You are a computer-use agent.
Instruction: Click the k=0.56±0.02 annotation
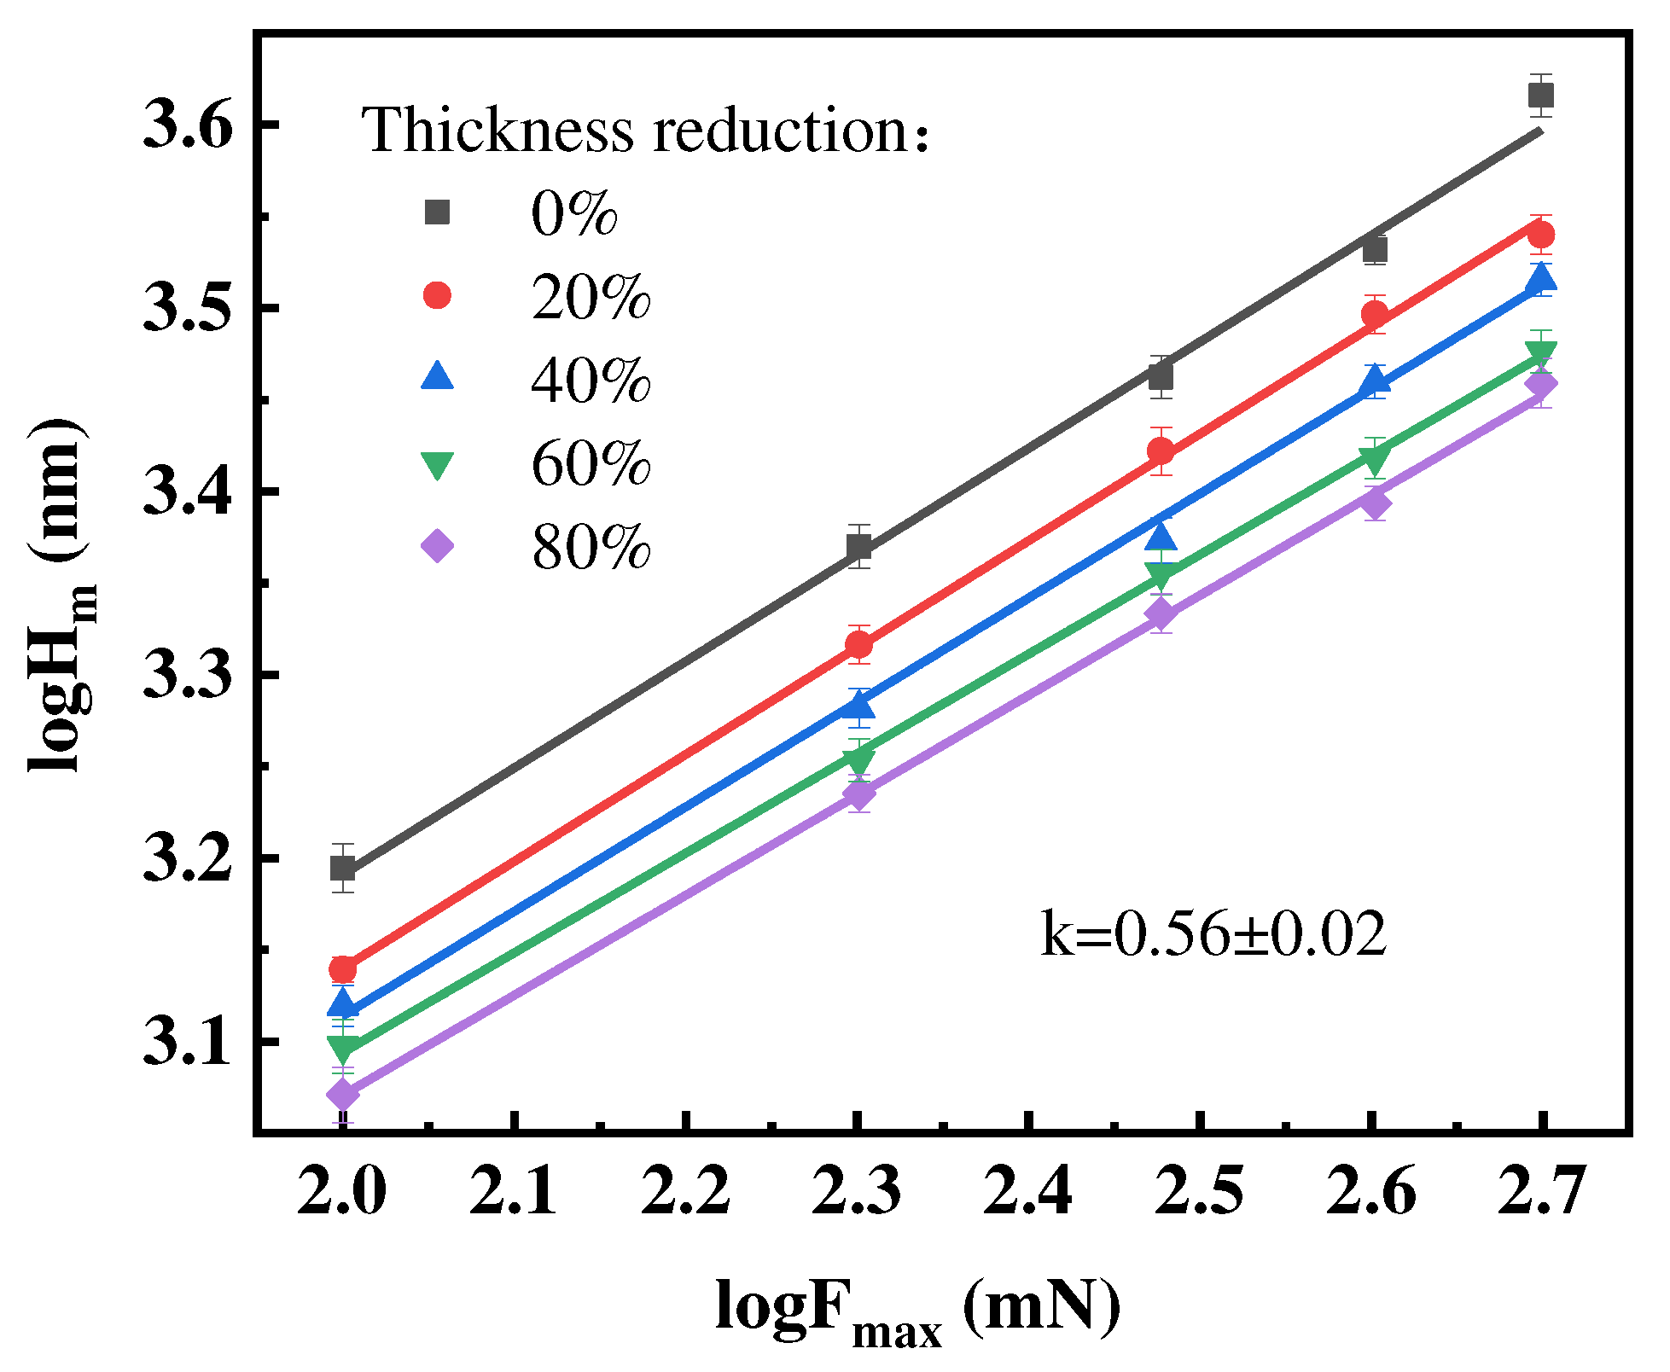pos(1213,934)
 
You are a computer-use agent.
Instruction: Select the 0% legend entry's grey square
pos(438,212)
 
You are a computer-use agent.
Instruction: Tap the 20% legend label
pos(591,298)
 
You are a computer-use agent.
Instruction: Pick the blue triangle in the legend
pos(438,376)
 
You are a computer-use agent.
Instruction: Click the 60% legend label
pos(591,465)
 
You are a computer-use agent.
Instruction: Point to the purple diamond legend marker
pos(438,546)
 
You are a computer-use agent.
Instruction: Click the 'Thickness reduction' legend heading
pos(645,131)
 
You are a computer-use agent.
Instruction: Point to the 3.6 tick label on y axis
pos(187,125)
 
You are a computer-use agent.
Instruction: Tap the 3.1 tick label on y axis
pos(187,1043)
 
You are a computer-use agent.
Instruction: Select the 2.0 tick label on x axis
pos(342,1192)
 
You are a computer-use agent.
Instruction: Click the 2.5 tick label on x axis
pos(1200,1192)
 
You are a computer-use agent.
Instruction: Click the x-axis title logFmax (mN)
pos(917,1311)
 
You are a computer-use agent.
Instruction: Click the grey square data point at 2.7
pos(1541,95)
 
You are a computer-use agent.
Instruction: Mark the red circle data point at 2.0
pos(343,969)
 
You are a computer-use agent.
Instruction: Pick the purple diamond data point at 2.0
pos(343,1094)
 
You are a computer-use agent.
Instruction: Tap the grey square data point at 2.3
pos(859,546)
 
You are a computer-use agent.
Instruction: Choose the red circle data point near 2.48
pos(1161,451)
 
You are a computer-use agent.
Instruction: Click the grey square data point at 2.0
pos(343,869)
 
